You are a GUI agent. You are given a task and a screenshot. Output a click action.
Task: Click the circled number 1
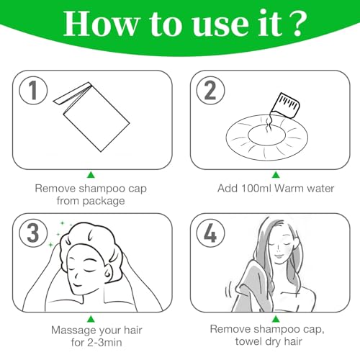[x=33, y=90]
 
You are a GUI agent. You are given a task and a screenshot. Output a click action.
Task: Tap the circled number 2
[x=210, y=90]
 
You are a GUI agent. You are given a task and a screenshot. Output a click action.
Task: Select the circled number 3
[x=33, y=233]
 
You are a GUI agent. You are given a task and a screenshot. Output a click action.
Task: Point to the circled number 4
[x=210, y=233]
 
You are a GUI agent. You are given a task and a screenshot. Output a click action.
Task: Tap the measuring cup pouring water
[x=285, y=106]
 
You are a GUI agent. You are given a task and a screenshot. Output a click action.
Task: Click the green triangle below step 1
[x=91, y=175]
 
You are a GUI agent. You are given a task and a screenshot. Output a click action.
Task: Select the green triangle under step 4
[x=276, y=319]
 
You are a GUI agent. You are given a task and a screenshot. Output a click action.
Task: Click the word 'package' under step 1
[x=104, y=201]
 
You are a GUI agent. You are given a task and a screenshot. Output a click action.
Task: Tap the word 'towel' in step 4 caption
[x=248, y=341]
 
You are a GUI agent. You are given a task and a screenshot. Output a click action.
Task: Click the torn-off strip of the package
[x=72, y=93]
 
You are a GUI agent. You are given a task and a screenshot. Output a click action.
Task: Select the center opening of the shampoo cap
[x=266, y=135]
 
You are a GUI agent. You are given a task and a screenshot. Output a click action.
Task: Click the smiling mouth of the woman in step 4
[x=279, y=256]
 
